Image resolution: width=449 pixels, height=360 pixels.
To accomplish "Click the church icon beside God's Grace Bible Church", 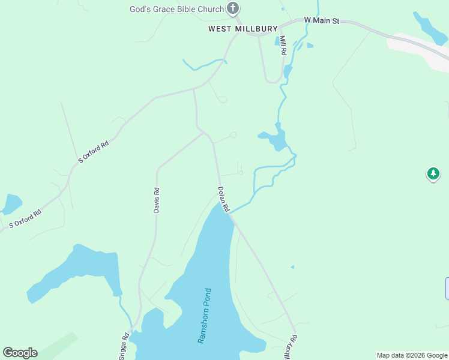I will (x=234, y=8).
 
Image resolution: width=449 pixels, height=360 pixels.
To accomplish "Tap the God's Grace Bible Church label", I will (x=177, y=9).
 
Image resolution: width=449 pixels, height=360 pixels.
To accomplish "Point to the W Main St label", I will (x=322, y=20).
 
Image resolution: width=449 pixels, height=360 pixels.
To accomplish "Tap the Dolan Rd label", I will (x=223, y=199).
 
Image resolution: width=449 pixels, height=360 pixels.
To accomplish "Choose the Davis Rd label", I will (x=156, y=200).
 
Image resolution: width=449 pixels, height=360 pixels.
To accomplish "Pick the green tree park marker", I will (x=433, y=174).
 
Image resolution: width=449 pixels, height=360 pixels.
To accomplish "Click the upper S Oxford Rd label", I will (x=94, y=152).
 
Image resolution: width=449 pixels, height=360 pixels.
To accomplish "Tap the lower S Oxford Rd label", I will (x=25, y=218).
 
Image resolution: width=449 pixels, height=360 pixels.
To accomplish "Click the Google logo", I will (x=20, y=353).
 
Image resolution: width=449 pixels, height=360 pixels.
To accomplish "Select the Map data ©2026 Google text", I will (x=412, y=355).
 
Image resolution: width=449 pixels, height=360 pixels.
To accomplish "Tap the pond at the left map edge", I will (x=10, y=204).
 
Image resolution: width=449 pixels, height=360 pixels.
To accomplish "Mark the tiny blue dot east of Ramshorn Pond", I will (x=292, y=267).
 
